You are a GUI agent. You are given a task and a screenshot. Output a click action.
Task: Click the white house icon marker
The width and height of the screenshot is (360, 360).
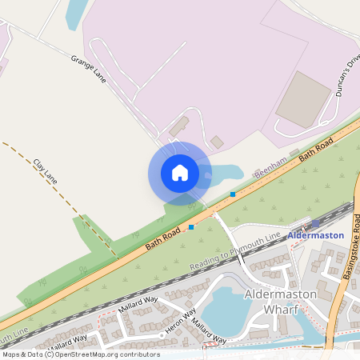(x=180, y=173)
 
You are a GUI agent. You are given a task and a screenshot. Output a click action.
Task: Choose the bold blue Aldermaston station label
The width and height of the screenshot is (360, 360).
(x=315, y=235)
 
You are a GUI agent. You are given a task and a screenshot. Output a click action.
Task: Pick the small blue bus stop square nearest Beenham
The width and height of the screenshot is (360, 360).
(x=233, y=194)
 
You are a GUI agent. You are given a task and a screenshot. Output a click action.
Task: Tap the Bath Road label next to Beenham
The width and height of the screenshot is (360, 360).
(x=316, y=149)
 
